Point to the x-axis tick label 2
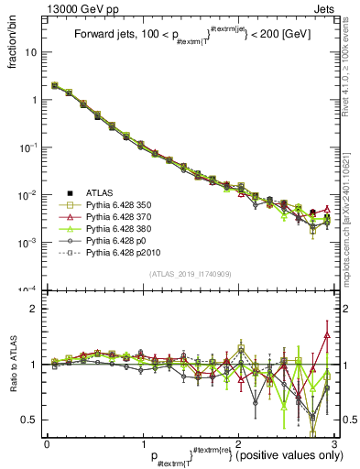[239, 442]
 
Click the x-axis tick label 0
[48, 442]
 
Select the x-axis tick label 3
[335, 442]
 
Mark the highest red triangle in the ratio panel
[327, 335]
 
